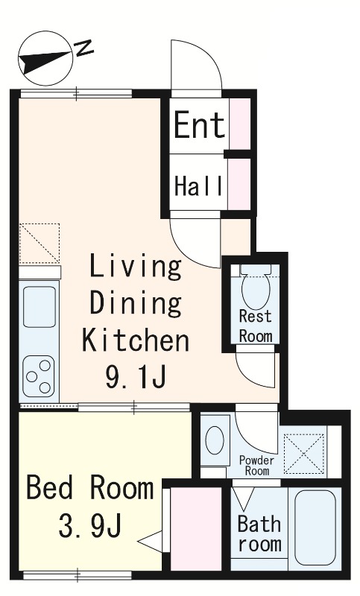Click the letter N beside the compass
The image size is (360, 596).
[x=83, y=48]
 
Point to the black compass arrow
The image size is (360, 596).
[x=45, y=60]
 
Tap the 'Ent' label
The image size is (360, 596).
[x=199, y=125]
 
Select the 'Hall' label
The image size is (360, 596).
[x=198, y=186]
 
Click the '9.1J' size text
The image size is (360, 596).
[x=136, y=377]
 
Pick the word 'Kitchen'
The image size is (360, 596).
[x=136, y=340]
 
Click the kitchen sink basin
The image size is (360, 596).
[x=40, y=307]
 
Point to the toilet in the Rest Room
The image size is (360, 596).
[x=256, y=288]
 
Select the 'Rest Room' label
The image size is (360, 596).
[x=256, y=326]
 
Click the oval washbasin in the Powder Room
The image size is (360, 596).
[x=215, y=440]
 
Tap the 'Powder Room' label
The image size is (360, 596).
[x=256, y=466]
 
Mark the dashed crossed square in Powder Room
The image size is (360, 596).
[x=304, y=454]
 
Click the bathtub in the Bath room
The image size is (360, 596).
[x=315, y=527]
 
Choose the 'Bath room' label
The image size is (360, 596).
[x=259, y=533]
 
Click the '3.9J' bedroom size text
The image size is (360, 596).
[x=90, y=525]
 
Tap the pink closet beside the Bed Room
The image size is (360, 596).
[x=196, y=529]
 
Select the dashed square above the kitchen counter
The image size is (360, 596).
[x=40, y=244]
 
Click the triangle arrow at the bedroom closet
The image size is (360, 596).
[x=151, y=541]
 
